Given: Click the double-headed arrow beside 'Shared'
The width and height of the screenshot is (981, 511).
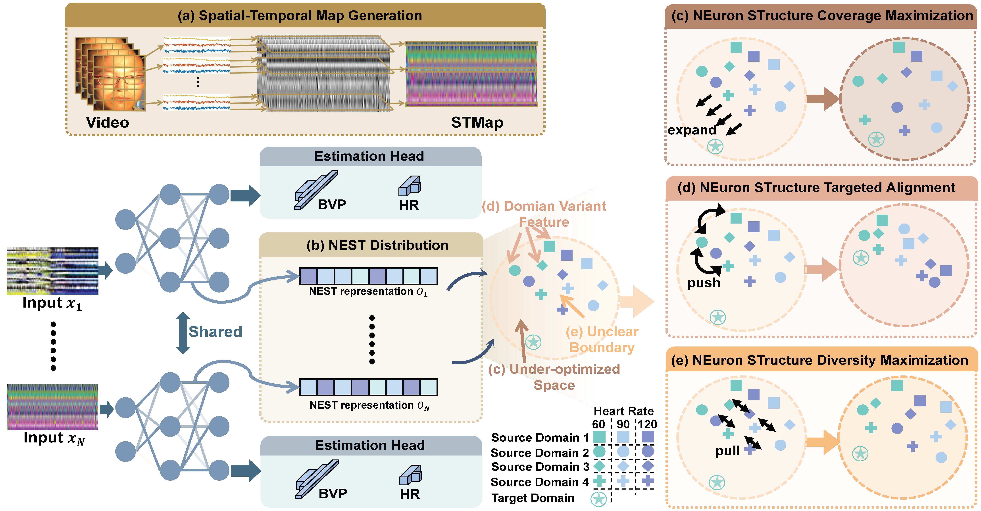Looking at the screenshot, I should click(x=183, y=333).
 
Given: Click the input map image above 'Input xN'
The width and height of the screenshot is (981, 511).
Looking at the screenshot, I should click(x=53, y=407).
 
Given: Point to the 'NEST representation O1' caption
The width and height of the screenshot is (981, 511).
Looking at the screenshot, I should click(x=368, y=292).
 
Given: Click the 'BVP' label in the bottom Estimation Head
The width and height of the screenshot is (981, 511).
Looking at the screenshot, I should click(x=333, y=494).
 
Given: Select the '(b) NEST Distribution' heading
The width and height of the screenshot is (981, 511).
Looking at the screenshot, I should click(x=377, y=245).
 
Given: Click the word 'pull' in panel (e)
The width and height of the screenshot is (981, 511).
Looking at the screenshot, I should click(x=727, y=451).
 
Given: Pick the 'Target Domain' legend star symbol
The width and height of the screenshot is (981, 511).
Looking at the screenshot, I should click(x=598, y=499).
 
